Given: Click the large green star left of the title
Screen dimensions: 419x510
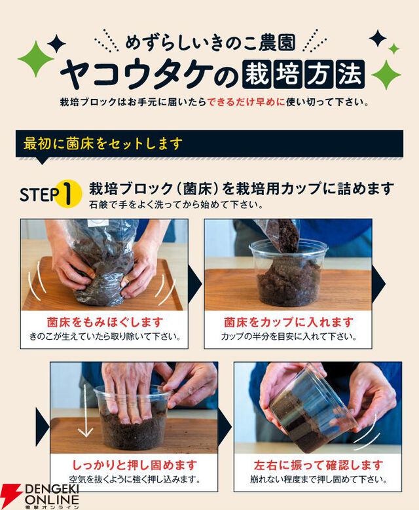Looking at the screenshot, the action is click(x=35, y=59).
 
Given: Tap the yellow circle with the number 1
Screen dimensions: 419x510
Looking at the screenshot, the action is click(x=67, y=194).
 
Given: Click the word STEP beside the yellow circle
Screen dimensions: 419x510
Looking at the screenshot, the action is click(x=39, y=194).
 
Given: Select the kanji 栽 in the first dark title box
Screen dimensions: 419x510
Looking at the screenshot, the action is click(x=257, y=74).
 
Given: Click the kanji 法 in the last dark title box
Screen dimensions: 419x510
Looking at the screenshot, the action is click(x=350, y=74).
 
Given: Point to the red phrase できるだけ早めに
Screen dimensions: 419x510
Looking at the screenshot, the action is click(x=246, y=102).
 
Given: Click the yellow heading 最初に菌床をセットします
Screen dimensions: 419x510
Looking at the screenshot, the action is click(x=103, y=143).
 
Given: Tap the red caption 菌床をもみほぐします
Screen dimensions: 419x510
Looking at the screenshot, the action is click(x=105, y=322).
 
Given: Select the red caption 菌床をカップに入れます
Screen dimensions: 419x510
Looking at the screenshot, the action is click(x=288, y=322).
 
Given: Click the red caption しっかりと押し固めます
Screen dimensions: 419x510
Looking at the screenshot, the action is click(x=134, y=465).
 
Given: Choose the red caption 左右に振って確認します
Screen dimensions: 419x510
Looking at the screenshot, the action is click(x=318, y=465).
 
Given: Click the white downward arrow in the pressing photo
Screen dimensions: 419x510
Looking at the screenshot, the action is click(x=86, y=410).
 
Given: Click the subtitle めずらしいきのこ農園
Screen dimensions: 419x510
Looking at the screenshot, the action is click(x=210, y=43).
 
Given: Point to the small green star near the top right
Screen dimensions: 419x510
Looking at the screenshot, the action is click(x=393, y=49).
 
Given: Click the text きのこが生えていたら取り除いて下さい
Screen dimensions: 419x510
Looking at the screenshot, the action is click(x=105, y=337).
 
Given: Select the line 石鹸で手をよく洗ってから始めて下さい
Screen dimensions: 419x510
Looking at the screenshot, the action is click(x=176, y=205).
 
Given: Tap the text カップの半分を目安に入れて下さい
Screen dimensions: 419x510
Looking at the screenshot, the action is click(x=288, y=337).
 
